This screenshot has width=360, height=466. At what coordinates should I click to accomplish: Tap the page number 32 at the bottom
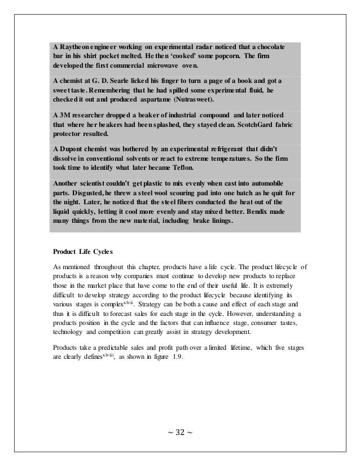coord(180,432)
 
